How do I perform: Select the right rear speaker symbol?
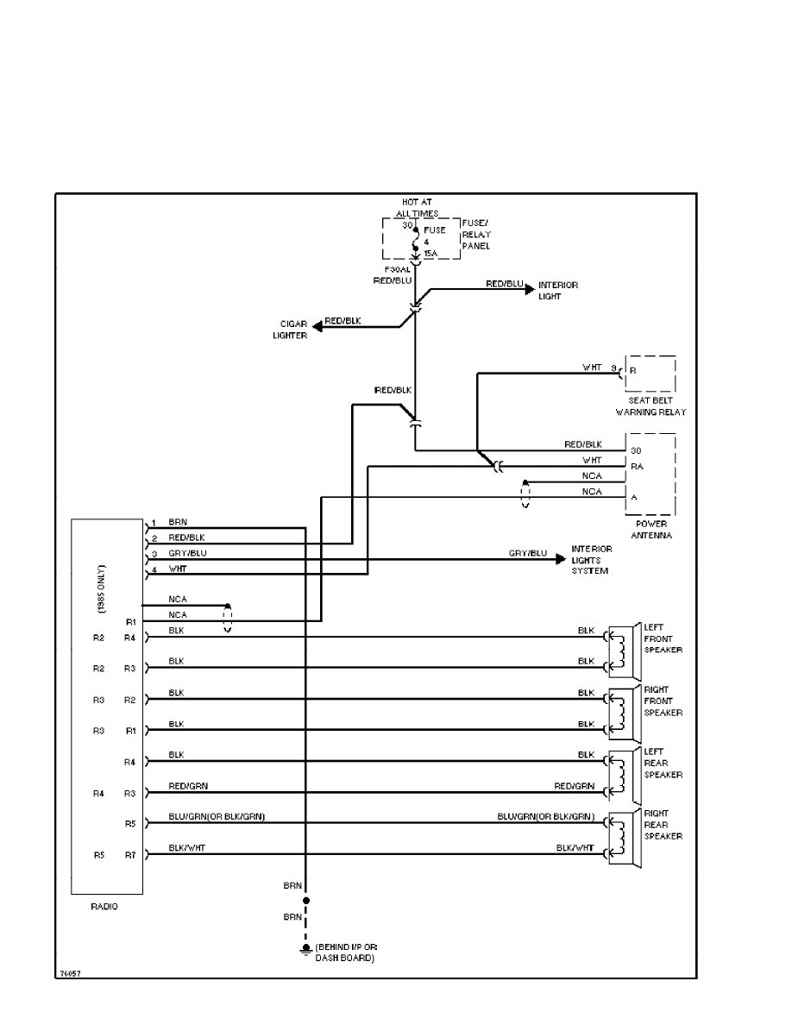click(x=623, y=837)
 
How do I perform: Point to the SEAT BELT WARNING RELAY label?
click(x=651, y=406)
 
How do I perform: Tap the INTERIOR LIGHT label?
click(x=558, y=291)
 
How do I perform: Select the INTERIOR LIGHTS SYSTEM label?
click(x=592, y=560)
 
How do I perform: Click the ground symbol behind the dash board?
click(x=305, y=950)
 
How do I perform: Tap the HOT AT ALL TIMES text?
click(x=417, y=208)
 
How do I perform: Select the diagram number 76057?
click(x=70, y=973)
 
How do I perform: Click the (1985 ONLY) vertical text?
click(x=101, y=588)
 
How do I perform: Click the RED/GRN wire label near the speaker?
click(x=575, y=786)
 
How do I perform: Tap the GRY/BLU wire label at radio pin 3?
click(x=187, y=551)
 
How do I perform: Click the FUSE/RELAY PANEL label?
click(x=475, y=234)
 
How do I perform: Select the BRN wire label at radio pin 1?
click(x=177, y=521)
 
